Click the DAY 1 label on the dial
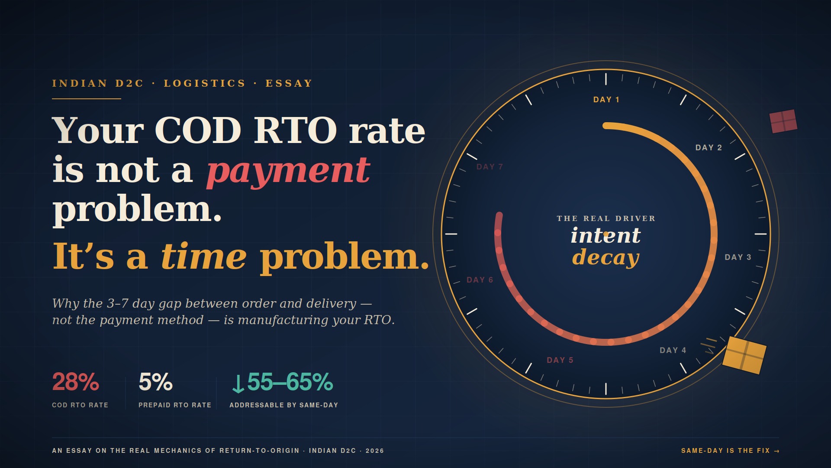(606, 100)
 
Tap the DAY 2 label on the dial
(709, 148)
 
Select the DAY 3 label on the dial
(738, 257)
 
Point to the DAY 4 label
(673, 350)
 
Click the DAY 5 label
(560, 360)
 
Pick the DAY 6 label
(480, 280)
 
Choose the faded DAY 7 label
(490, 167)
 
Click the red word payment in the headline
(288, 172)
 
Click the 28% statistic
(75, 382)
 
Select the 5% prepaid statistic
(155, 382)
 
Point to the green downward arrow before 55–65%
(238, 384)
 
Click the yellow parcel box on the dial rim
(744, 355)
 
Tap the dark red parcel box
(783, 121)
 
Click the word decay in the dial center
(606, 257)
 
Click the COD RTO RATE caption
(80, 405)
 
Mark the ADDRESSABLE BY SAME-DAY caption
(283, 405)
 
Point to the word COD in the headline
(198, 130)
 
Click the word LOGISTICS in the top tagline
(204, 83)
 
